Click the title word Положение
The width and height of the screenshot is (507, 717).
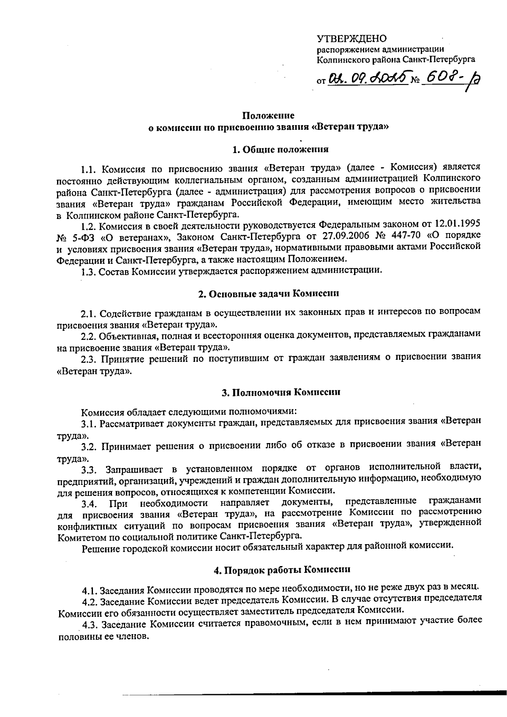[268, 115]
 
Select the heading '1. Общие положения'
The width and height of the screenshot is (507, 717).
[281, 149]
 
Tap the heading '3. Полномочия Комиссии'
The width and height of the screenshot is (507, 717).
[281, 392]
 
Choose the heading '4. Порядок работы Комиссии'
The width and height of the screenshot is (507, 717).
[282, 569]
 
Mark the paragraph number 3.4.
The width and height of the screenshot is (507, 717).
[90, 503]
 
